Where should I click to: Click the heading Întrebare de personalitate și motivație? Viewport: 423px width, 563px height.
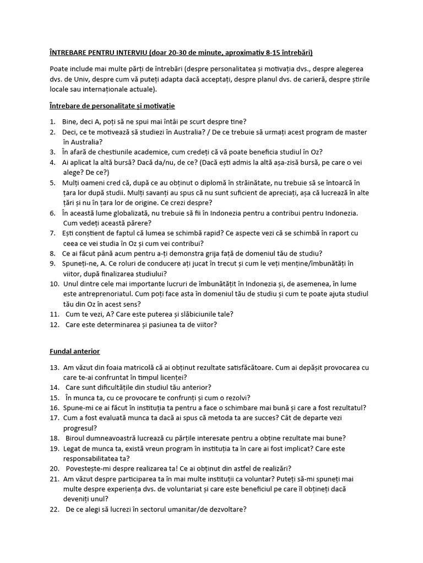112,104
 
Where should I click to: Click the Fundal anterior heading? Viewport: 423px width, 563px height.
75,350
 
